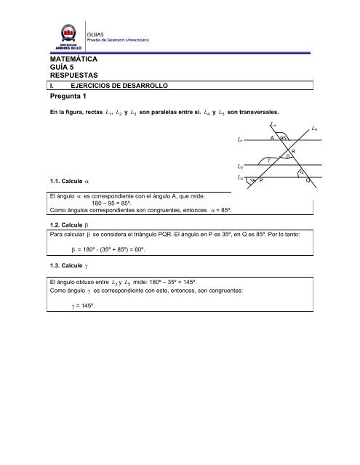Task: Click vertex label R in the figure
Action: tap(292, 151)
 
